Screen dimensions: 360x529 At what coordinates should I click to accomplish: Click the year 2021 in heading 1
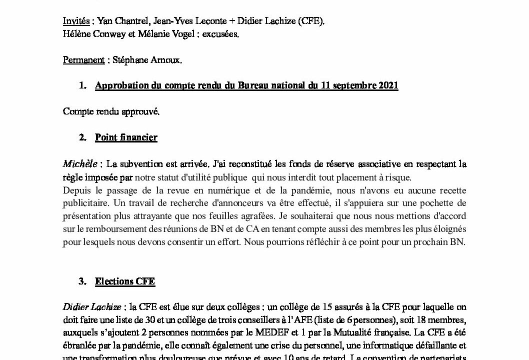pos(387,85)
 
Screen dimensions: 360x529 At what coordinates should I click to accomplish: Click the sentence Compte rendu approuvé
pos(111,111)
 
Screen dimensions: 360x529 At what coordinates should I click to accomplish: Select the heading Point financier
pos(126,137)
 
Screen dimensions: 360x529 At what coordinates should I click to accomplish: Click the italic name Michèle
pos(80,163)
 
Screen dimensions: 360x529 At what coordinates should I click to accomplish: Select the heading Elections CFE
pos(125,281)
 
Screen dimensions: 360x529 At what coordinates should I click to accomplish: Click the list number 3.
pos(82,281)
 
